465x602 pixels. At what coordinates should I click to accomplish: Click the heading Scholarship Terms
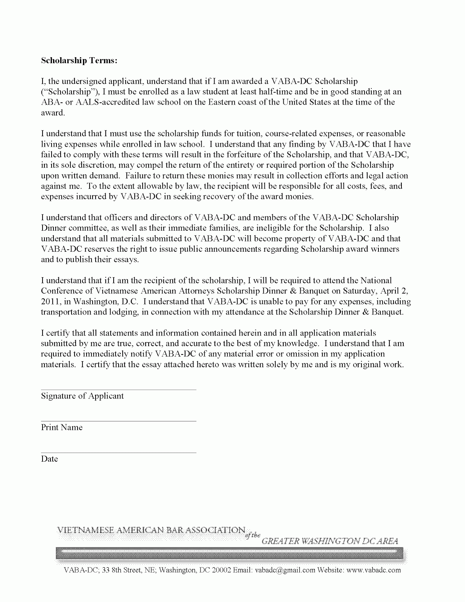coord(79,61)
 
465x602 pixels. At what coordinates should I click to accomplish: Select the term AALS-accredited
coord(103,102)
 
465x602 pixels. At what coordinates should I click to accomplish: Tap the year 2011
coord(49,301)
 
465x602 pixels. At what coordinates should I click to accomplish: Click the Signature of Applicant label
coord(82,396)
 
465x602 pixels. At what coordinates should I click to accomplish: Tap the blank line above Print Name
coord(119,421)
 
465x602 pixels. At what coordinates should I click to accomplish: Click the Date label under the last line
coord(49,459)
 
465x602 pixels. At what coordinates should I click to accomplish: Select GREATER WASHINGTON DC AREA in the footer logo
coord(330,541)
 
